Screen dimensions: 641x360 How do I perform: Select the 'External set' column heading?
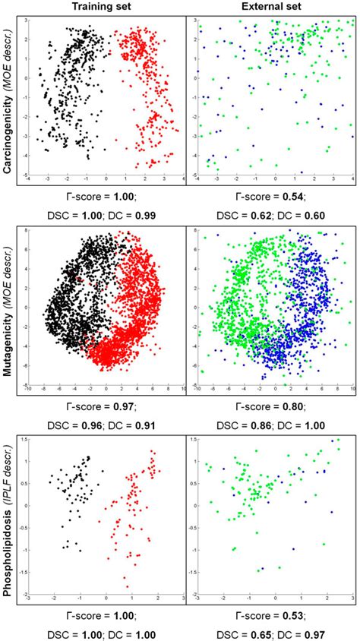click(x=270, y=7)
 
